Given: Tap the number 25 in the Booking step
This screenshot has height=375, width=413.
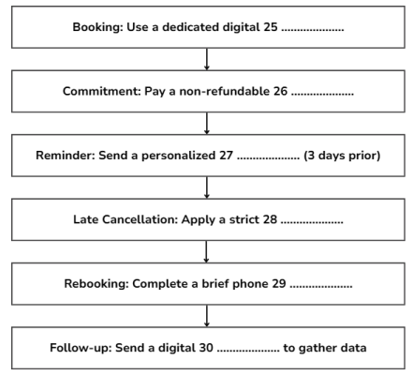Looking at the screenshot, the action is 271,27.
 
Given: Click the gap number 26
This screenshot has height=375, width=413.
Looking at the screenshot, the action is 280,91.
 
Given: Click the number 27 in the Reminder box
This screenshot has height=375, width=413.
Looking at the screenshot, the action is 226,156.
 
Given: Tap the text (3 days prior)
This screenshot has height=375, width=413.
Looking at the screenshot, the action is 342,156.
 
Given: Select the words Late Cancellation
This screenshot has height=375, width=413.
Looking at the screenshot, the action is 125,219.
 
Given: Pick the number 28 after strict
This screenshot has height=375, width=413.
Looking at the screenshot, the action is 270,219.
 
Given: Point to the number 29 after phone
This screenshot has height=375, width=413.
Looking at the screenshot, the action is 279,283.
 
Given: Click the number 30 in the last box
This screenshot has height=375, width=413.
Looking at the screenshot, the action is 206,348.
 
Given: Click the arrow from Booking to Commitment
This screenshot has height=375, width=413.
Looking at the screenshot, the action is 207,59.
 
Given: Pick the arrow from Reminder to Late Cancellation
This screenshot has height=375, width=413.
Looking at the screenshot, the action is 207,187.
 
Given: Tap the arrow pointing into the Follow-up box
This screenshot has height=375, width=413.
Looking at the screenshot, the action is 207,316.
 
